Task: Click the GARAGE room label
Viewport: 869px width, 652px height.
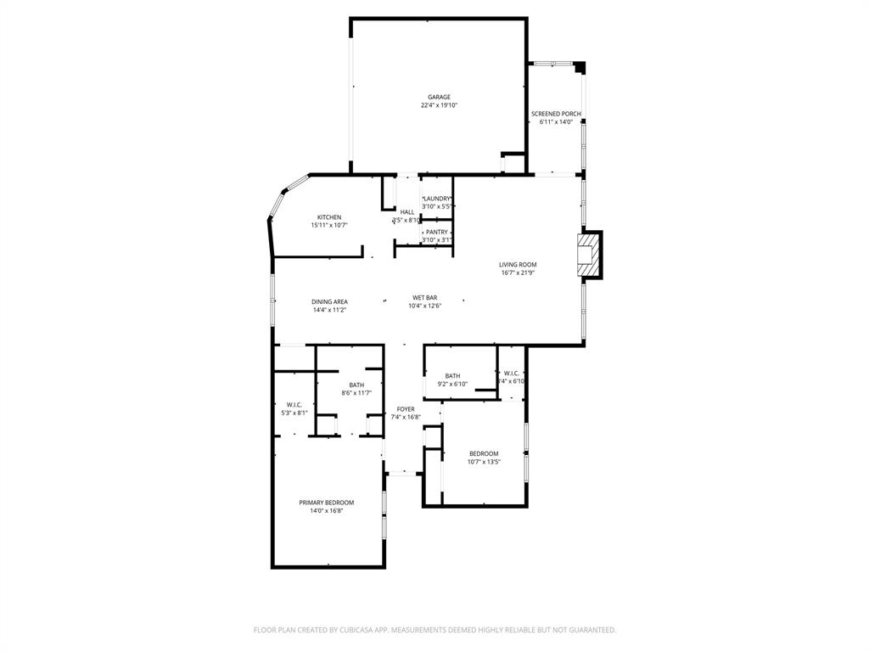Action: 439,97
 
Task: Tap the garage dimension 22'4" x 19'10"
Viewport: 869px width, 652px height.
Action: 439,105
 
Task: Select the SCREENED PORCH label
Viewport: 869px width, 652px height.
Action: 556,114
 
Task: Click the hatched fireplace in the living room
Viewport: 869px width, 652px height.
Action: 586,254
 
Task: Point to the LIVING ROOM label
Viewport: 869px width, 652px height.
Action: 518,265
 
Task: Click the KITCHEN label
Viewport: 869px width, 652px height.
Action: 329,217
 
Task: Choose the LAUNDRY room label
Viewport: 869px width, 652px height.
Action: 437,199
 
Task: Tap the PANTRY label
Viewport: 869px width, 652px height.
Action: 437,232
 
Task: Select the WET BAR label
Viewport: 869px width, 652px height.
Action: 424,297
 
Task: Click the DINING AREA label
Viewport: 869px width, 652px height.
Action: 329,301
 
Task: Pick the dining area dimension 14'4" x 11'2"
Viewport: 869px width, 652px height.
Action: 329,310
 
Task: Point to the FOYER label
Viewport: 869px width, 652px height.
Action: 406,409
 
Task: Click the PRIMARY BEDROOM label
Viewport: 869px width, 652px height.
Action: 327,503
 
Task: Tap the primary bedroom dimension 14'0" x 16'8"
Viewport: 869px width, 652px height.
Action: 327,511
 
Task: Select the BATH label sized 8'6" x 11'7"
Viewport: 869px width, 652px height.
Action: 356,385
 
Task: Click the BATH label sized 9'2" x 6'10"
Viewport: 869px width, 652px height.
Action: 452,376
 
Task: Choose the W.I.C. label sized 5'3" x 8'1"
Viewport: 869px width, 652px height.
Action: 294,404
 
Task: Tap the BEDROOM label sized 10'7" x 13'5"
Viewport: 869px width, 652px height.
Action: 484,453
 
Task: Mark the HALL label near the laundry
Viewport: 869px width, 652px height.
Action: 407,212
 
